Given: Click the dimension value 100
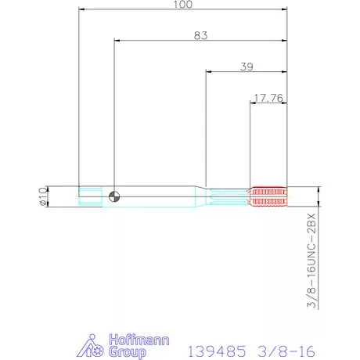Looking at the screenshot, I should [x=183, y=5].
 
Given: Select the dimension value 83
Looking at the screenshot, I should [x=200, y=35].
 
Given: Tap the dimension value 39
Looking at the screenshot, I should [x=246, y=67].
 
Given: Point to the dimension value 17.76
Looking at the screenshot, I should [x=268, y=99].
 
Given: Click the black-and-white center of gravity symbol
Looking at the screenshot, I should [x=114, y=196].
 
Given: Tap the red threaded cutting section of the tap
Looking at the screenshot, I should [x=268, y=196].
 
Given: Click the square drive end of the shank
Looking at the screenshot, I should [x=90, y=196].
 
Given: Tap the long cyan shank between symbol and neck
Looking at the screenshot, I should [x=157, y=196].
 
